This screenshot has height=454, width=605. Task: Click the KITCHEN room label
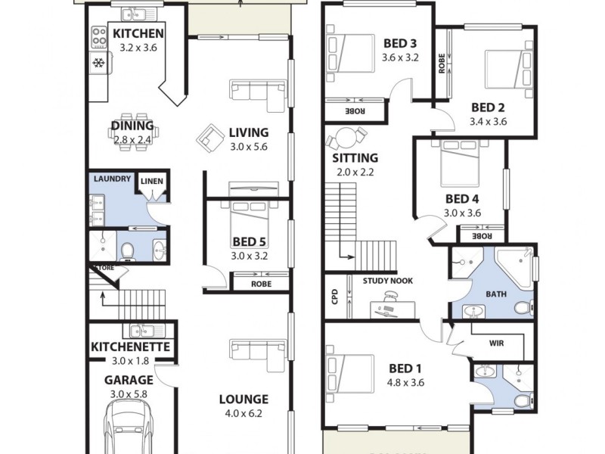[138, 33]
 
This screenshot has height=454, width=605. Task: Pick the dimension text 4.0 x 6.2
[244, 414]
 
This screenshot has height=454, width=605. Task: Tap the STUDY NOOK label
[387, 281]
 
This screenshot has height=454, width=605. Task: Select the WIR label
[496, 343]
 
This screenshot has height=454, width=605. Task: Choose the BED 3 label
[400, 42]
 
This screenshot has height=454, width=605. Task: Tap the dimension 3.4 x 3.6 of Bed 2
[488, 121]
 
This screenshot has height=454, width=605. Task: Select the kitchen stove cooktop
[99, 36]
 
